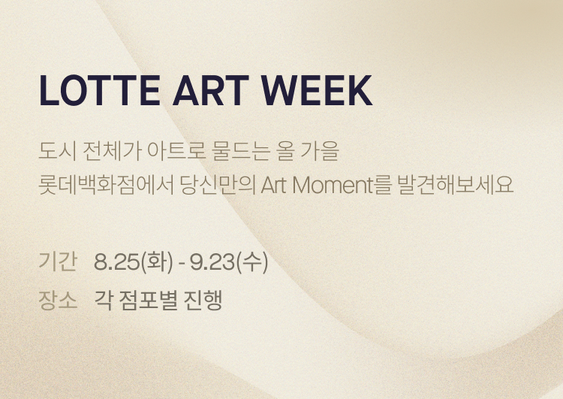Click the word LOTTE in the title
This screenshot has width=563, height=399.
[x=100, y=90]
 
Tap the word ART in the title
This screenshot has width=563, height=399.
[x=211, y=90]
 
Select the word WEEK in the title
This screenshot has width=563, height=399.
[x=316, y=90]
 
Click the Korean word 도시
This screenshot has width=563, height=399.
[x=57, y=151]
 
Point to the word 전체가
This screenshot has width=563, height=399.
[x=112, y=151]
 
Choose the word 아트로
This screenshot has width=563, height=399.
[x=176, y=151]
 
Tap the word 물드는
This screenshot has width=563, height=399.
[x=240, y=151]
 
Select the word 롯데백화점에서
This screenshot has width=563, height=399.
[x=107, y=186]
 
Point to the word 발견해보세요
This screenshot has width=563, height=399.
[x=456, y=186]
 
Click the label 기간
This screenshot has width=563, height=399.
[x=58, y=261]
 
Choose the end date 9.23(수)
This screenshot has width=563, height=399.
[x=229, y=261]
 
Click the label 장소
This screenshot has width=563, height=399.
[x=58, y=300]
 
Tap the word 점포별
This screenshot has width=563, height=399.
[x=148, y=300]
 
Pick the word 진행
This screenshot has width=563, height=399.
[x=203, y=300]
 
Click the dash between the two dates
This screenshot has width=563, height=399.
[x=182, y=264]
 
